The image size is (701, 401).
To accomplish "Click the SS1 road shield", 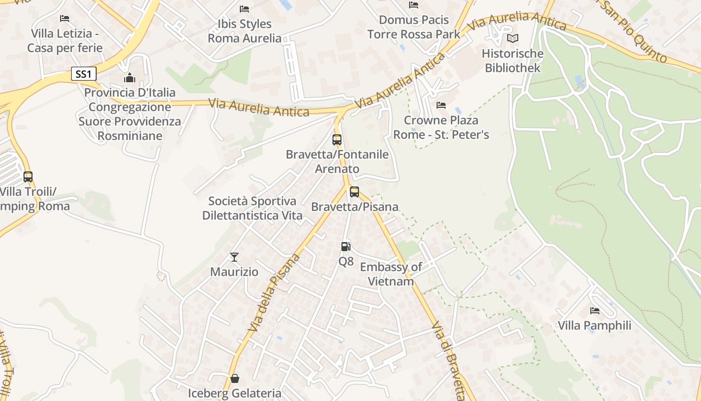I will pos(84,74).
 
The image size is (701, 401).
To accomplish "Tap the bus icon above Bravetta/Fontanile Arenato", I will pos(337,139).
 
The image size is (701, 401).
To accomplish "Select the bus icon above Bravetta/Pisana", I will pos(355,191).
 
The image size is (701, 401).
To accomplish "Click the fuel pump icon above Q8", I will pos(345,246).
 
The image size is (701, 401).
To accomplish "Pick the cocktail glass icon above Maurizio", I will pos(234,257).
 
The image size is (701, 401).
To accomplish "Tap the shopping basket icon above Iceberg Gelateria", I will pos(234,378).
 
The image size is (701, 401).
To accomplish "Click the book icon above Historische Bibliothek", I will pos(512,38).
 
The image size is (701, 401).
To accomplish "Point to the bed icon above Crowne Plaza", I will pos(441,105).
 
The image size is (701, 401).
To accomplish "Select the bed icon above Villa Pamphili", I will pos(595,311).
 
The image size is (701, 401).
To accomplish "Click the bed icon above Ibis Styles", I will pos(244,9).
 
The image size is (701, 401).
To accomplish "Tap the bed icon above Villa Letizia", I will pos(65,19).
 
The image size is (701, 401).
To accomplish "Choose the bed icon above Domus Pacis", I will pos(414,5).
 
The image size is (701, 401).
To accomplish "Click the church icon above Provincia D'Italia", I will pos(130,78).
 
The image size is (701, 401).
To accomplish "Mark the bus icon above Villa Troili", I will pos(28,176).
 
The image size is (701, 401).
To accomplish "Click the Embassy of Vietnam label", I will pos(391,274).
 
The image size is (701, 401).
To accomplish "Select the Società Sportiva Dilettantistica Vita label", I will pos(252,208).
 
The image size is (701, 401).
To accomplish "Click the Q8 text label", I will pos(346,261).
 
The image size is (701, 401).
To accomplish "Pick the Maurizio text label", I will pos(234,272).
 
